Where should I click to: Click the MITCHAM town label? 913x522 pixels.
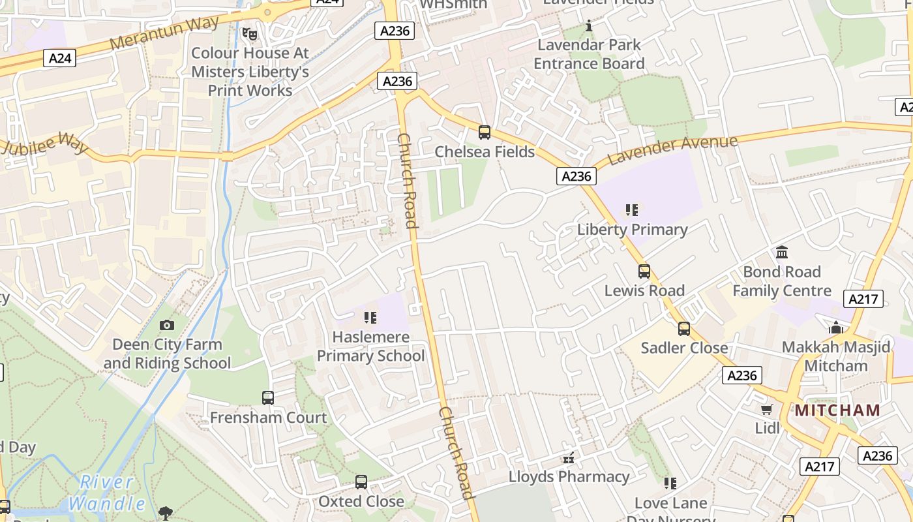tap(837, 410)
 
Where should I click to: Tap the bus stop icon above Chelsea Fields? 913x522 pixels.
tap(485, 132)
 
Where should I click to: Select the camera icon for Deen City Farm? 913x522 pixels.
tap(167, 325)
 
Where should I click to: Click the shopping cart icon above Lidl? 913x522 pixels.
tap(767, 409)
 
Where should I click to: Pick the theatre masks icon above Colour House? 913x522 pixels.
tap(249, 33)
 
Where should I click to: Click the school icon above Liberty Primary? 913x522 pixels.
tap(632, 210)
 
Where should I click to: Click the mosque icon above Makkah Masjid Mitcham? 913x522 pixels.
tap(836, 328)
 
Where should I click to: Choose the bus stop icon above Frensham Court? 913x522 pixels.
tap(268, 398)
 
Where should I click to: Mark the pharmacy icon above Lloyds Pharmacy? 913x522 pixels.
tap(569, 457)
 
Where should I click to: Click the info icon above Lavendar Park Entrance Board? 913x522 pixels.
tap(589, 25)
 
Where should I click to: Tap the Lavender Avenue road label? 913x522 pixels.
tap(672, 150)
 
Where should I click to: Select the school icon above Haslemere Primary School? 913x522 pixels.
tap(370, 318)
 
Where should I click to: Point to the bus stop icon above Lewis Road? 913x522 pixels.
tap(644, 271)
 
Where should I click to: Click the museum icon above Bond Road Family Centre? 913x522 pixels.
tap(781, 252)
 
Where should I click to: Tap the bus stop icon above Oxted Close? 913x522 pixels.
tap(361, 482)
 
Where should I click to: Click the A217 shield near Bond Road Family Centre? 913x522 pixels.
tap(863, 299)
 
